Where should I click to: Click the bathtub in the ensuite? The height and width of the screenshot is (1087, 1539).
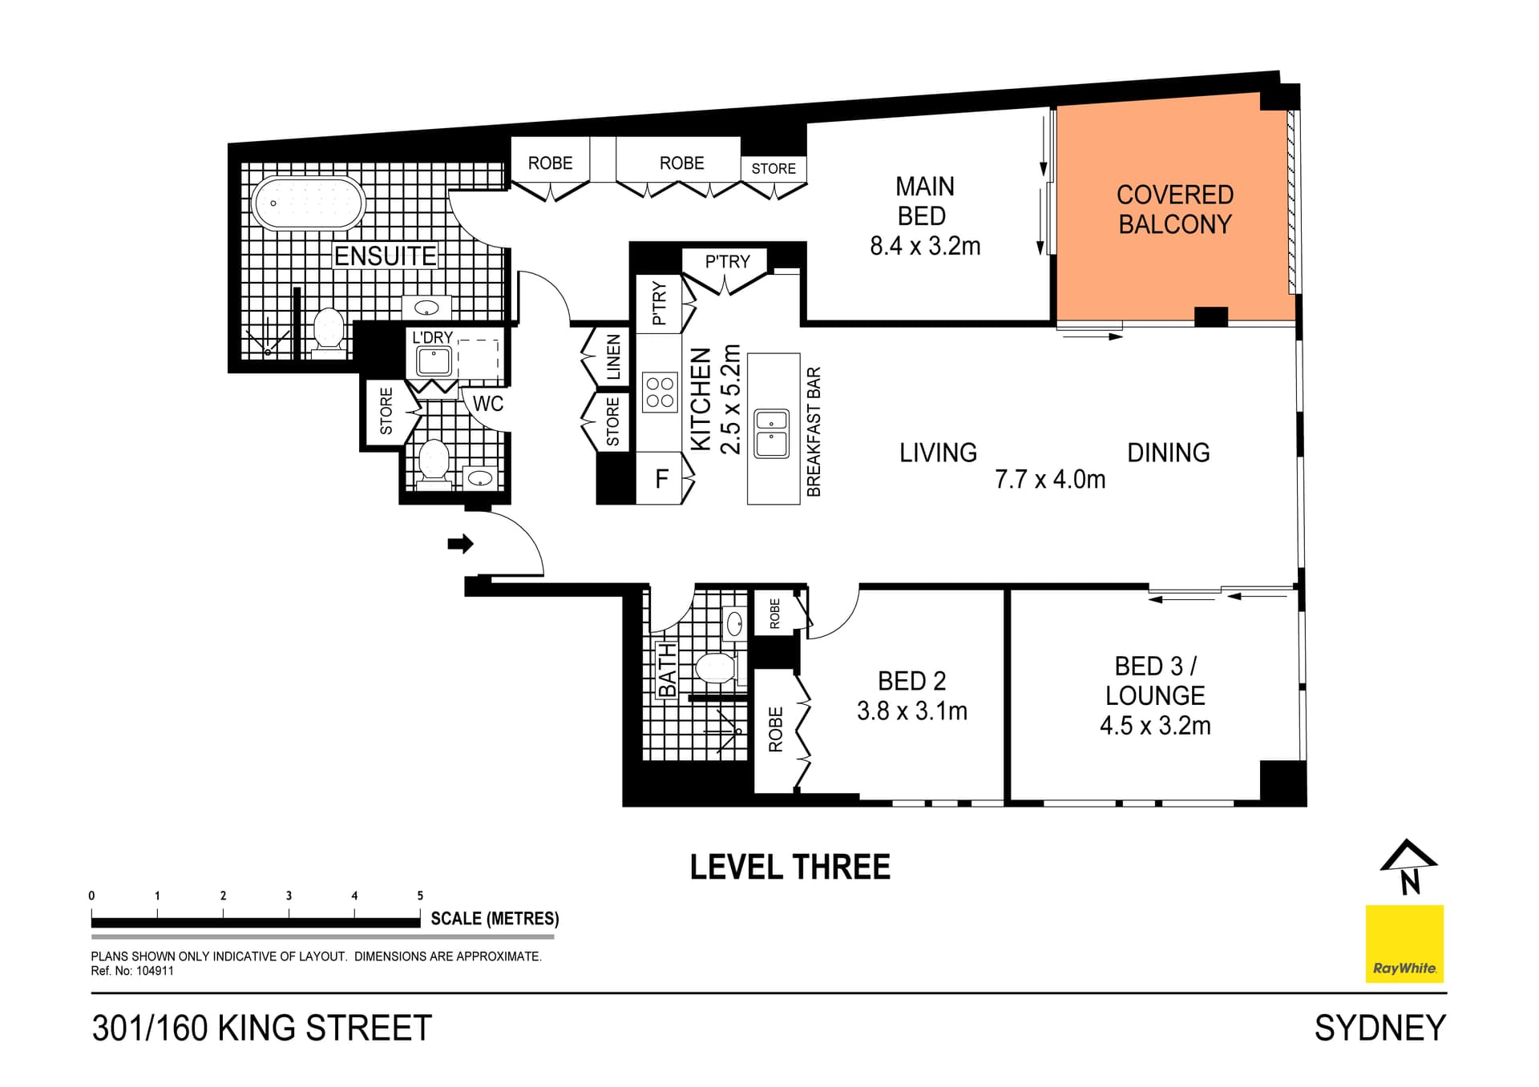308,203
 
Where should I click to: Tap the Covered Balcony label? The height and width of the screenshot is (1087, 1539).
1174,210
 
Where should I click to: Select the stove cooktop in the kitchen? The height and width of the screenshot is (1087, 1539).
660,393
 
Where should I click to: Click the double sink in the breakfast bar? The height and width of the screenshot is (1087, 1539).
772,433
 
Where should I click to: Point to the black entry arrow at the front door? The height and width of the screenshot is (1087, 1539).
460,544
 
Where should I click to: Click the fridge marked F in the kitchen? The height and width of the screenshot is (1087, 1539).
662,479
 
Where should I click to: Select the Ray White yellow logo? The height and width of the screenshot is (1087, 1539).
1404,944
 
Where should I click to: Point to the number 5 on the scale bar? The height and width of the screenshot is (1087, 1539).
420,896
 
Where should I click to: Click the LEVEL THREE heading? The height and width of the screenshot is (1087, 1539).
790,868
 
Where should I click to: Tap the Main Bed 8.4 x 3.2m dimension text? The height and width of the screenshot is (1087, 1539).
925,246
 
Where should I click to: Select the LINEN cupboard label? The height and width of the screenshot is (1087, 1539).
614,357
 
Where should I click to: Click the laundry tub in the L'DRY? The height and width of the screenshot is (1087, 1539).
434,361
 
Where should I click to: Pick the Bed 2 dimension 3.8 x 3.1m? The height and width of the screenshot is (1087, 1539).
911,711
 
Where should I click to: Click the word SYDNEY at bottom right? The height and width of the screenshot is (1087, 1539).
1379,1029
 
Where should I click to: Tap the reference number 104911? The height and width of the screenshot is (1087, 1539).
154,971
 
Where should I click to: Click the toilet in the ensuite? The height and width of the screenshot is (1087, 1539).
329,330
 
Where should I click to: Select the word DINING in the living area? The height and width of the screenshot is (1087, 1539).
1168,453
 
